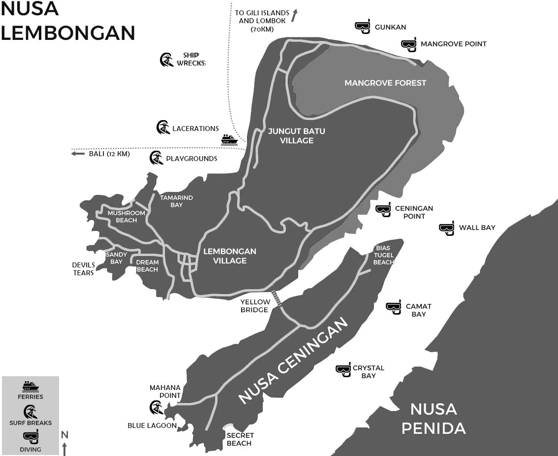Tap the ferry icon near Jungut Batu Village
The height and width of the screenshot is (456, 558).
(229, 140)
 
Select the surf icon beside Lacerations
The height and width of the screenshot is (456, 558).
(163, 128)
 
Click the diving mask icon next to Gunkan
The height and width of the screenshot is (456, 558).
(363, 27)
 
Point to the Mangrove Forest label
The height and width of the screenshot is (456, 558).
(385, 83)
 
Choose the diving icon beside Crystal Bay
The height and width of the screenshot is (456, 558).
(343, 370)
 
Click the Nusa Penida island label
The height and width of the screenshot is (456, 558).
(434, 418)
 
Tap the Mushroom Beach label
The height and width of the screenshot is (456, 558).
(126, 217)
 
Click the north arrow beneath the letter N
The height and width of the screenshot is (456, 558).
(64, 449)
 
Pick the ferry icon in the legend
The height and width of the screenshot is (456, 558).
(31, 386)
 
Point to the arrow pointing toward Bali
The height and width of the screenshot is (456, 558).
(78, 154)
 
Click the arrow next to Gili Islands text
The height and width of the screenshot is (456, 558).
(294, 16)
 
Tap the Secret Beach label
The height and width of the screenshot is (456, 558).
(240, 439)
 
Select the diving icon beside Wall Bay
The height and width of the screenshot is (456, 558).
(447, 228)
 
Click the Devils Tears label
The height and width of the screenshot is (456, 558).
(84, 269)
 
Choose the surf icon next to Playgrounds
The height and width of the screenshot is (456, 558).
(156, 158)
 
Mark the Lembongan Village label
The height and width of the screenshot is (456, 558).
(230, 256)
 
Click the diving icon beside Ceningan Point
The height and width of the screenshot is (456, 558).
(383, 209)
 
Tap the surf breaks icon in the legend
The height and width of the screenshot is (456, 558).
(31, 412)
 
